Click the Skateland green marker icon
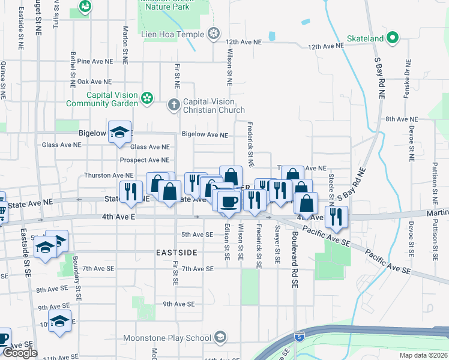pyautogui.click(x=393, y=38)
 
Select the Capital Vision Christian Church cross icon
pyautogui.click(x=174, y=105)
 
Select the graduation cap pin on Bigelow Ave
pyautogui.click(x=119, y=133)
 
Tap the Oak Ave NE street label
pyautogui.click(x=94, y=82)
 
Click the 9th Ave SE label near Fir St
pyautogui.click(x=179, y=304)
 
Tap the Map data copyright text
pyautogui.click(x=424, y=355)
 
